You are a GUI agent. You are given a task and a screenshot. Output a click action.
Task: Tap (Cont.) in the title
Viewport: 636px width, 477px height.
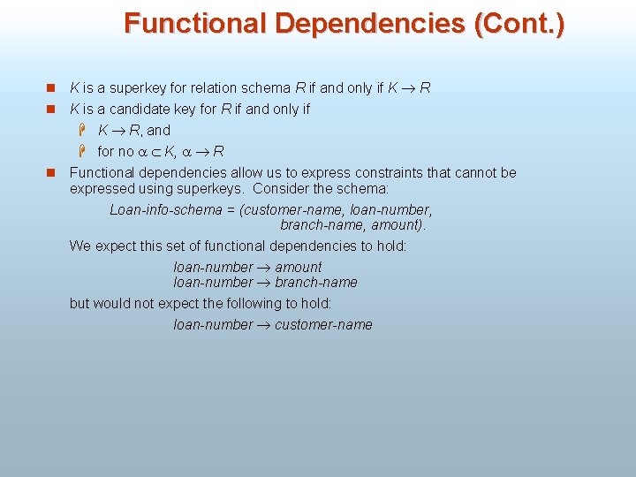coord(519,24)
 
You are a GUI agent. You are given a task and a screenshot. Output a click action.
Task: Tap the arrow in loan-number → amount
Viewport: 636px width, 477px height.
coord(264,268)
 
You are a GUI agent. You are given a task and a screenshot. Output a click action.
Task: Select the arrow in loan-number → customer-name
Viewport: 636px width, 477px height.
coord(264,325)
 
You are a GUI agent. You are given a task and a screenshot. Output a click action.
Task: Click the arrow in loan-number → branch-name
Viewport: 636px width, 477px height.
coord(264,283)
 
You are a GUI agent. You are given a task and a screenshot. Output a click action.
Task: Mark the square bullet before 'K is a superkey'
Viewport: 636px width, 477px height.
coord(51,88)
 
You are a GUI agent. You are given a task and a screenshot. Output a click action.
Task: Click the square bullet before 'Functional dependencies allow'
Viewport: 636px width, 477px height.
coord(51,173)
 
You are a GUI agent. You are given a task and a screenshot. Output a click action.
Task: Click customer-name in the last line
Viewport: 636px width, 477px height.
coord(323,325)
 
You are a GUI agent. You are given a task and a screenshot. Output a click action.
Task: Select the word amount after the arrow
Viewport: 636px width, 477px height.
coord(299,267)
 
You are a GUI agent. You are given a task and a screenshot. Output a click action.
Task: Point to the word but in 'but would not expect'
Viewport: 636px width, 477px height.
coord(79,303)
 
